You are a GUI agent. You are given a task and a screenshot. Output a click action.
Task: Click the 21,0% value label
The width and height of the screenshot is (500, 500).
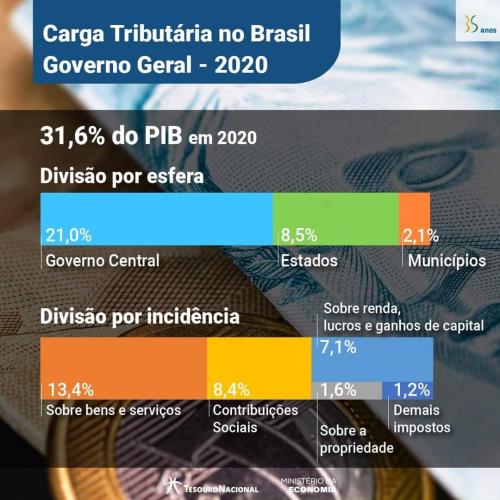point(69,236)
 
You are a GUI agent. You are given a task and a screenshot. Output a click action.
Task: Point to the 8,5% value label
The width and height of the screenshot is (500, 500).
point(299,236)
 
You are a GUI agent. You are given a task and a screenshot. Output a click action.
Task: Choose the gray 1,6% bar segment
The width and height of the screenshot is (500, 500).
point(347,390)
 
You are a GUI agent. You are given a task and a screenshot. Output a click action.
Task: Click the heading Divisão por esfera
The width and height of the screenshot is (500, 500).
point(122,176)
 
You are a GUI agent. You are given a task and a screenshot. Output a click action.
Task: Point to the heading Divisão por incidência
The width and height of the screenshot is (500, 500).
point(139,317)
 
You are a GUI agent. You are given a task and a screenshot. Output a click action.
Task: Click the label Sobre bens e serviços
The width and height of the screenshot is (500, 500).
point(107,410)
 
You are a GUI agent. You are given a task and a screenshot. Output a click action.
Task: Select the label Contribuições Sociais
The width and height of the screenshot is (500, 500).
point(257,418)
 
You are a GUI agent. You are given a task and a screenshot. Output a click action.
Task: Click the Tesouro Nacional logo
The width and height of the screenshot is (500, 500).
point(211,485)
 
